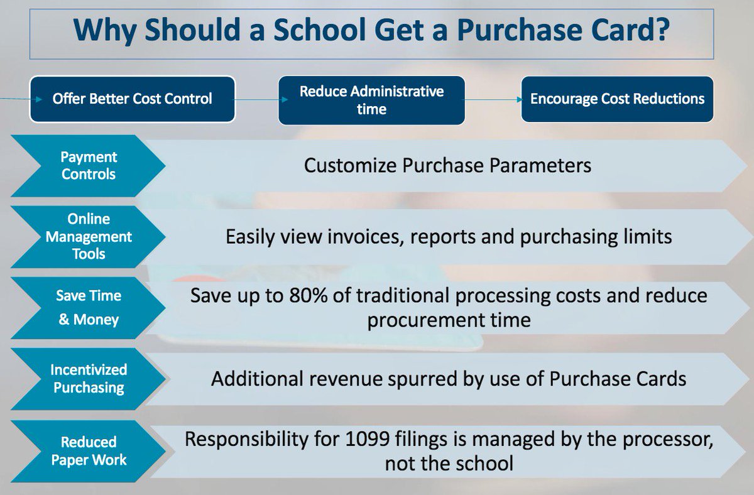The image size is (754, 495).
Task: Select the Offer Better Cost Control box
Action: (x=132, y=99)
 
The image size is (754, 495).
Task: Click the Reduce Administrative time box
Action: (x=371, y=101)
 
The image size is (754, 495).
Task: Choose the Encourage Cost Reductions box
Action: (x=617, y=99)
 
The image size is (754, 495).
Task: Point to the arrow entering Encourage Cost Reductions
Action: (x=518, y=99)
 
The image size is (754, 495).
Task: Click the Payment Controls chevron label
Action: (x=88, y=166)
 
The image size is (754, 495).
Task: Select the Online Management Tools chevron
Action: (x=88, y=237)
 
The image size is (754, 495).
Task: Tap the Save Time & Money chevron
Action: (x=88, y=307)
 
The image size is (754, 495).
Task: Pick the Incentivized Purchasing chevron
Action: (x=88, y=379)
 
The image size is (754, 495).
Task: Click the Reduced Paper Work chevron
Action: (x=88, y=450)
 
